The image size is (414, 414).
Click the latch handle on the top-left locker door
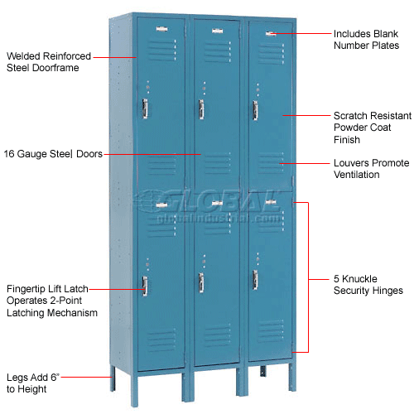click(x=145, y=108)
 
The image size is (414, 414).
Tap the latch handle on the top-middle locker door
click(x=201, y=109)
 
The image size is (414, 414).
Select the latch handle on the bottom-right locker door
click(x=255, y=280)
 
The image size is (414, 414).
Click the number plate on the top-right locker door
click(x=271, y=34)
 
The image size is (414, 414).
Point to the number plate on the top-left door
click(x=161, y=29)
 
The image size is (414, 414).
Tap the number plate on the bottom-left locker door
click(x=161, y=205)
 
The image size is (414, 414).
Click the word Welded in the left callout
click(x=25, y=56)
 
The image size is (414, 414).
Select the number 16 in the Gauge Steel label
click(x=9, y=154)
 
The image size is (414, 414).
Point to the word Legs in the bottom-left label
click(x=17, y=378)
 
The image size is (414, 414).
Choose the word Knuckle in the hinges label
click(x=359, y=279)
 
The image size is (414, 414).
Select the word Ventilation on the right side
click(x=357, y=175)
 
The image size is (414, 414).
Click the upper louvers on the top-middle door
click(x=218, y=51)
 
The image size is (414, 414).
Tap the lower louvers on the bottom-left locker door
click(x=161, y=340)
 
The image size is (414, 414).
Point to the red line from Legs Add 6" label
click(x=86, y=377)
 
